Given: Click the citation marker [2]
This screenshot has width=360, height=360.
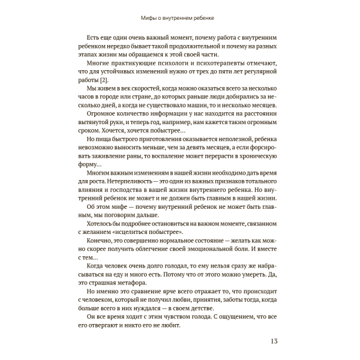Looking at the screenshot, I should coord(104,80).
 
